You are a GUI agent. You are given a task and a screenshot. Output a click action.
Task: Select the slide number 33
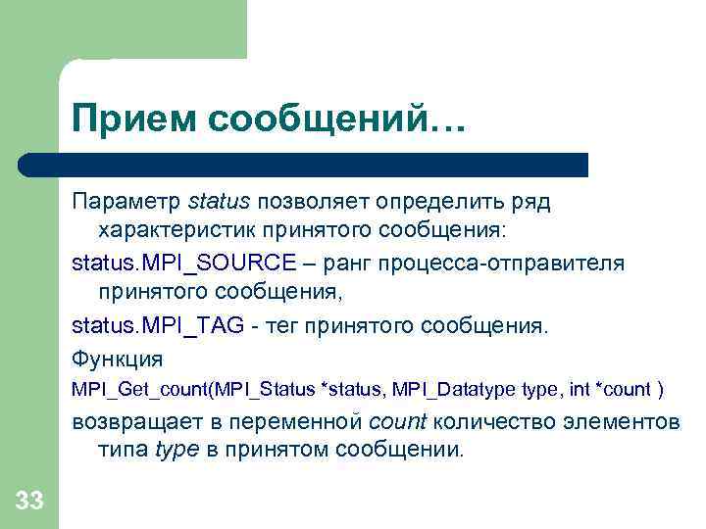pos(29,502)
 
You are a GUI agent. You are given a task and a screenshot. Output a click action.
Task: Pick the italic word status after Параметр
pos(220,203)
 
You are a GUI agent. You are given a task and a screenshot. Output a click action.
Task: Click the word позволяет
pos(314,203)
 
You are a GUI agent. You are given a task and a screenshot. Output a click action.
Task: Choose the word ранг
pos(350,264)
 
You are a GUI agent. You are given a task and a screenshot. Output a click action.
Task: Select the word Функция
pos(117,358)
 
